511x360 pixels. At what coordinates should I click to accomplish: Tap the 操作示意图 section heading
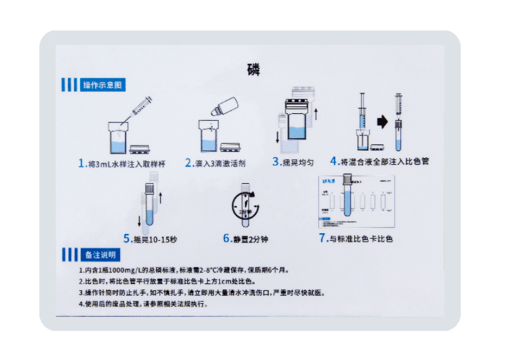(103, 85)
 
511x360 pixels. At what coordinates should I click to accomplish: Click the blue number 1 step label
(82, 163)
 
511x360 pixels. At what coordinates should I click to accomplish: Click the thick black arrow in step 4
(382, 122)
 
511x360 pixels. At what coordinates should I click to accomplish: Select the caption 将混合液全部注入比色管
(385, 162)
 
